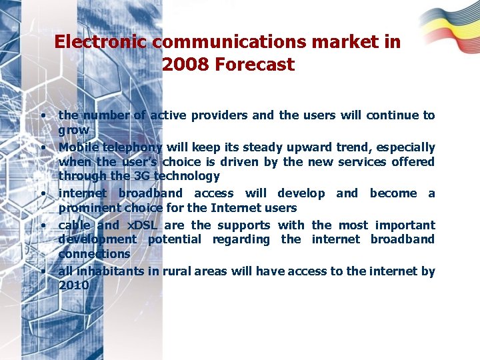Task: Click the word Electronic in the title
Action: pyautogui.click(x=101, y=42)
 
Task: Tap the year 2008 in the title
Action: pyautogui.click(x=183, y=65)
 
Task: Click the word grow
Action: pyautogui.click(x=73, y=130)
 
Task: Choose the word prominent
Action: pyautogui.click(x=88, y=207)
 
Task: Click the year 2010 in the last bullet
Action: pyautogui.click(x=73, y=285)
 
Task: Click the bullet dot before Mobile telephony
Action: pyautogui.click(x=42, y=146)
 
